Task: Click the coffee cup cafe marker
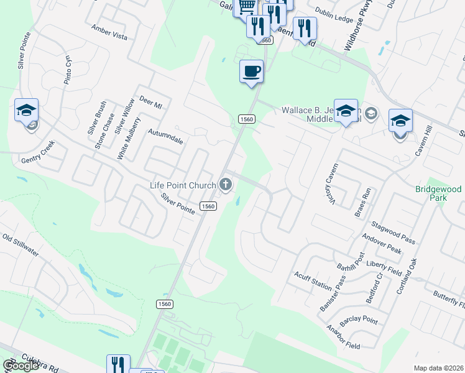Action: (x=251, y=72)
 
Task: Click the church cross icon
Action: (x=225, y=184)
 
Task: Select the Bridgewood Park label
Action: (x=440, y=193)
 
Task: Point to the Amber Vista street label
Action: (x=109, y=33)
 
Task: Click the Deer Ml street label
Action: (x=150, y=103)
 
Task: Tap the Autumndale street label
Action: (x=165, y=137)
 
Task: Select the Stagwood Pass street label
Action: (x=392, y=231)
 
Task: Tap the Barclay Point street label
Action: (x=359, y=320)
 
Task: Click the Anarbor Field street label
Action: (x=343, y=336)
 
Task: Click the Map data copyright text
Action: (x=438, y=368)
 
